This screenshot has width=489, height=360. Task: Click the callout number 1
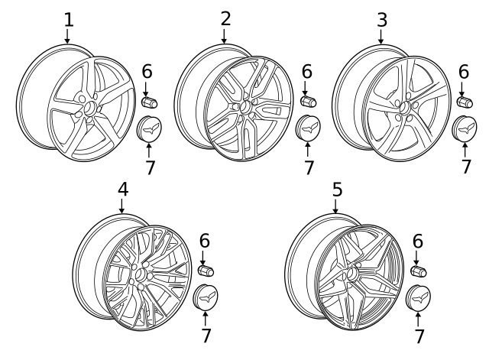click(69, 20)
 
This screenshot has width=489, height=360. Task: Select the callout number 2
click(225, 18)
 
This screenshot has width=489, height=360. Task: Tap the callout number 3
click(382, 20)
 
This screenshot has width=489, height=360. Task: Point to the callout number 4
click(123, 189)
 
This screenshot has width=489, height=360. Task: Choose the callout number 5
click(337, 190)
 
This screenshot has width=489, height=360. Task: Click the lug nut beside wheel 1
click(150, 102)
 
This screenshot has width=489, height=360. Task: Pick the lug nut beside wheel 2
click(309, 101)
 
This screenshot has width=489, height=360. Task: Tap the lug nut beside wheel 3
click(465, 102)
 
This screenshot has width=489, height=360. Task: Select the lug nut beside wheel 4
click(206, 271)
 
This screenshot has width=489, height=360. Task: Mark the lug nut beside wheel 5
click(419, 271)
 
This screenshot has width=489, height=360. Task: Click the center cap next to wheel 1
click(149, 129)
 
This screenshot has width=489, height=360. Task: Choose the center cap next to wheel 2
click(308, 128)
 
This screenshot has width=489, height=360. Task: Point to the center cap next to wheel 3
click(465, 128)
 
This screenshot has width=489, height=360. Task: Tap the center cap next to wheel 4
click(206, 297)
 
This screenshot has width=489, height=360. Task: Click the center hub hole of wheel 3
click(405, 108)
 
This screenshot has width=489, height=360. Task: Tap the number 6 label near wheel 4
click(205, 241)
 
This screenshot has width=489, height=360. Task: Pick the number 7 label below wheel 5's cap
click(419, 336)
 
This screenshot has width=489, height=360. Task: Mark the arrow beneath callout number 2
click(224, 36)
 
